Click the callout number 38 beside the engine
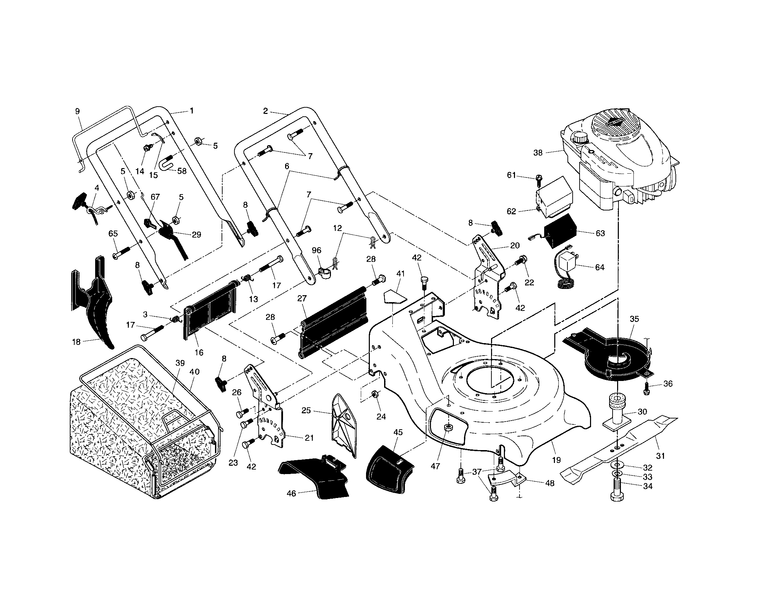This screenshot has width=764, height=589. pyautogui.click(x=538, y=152)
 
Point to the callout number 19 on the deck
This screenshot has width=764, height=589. pyautogui.click(x=556, y=460)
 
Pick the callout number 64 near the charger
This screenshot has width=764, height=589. pyautogui.click(x=600, y=267)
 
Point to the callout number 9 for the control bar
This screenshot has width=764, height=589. pyautogui.click(x=77, y=111)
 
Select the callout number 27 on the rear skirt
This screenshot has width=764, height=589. pyautogui.click(x=302, y=298)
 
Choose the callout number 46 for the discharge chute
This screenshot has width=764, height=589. pyautogui.click(x=291, y=493)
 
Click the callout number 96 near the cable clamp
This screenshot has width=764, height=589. pyautogui.click(x=316, y=250)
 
